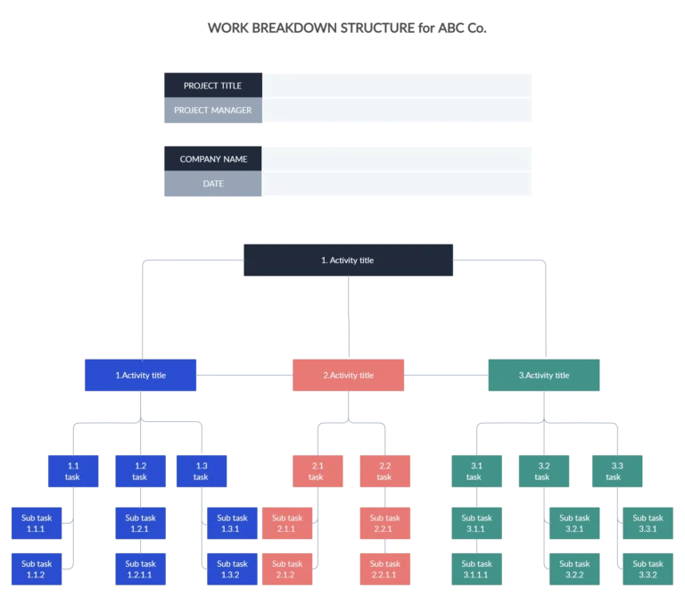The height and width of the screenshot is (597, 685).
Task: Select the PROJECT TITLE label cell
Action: point(212,86)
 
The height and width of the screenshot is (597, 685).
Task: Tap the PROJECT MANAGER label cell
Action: point(212,111)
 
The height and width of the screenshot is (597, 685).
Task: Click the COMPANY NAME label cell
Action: point(212,159)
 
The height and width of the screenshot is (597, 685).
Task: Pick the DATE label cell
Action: point(212,184)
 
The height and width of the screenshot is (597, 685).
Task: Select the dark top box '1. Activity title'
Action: point(349,261)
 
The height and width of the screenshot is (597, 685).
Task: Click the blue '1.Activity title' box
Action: point(140,376)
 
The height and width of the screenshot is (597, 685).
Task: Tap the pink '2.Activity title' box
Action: point(348,376)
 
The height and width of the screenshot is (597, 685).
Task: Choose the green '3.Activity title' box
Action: point(544,376)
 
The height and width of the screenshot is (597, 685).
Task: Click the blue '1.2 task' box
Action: point(140,471)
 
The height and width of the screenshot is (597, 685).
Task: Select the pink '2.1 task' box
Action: point(317,471)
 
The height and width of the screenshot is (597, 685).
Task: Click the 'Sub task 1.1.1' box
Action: point(37,523)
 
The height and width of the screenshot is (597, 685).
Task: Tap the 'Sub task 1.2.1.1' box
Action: point(140,569)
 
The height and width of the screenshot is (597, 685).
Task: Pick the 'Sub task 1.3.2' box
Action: point(232,569)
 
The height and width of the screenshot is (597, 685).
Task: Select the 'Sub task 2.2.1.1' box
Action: point(385,569)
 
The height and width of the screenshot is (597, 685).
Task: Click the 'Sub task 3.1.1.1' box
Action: point(477,569)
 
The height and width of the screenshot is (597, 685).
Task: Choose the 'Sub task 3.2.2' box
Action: point(574,569)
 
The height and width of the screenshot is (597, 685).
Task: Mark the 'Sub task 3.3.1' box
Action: point(648,523)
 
